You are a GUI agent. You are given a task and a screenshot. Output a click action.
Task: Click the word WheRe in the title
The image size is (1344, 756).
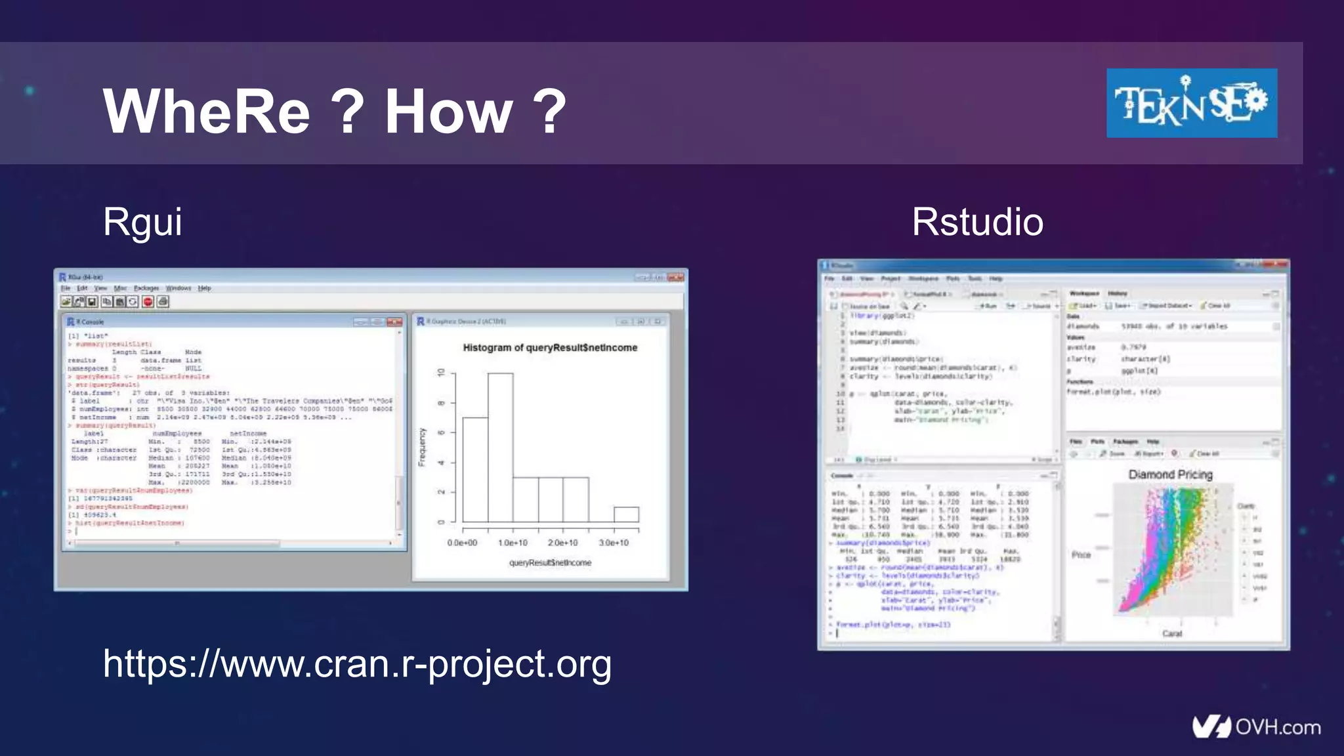point(206,112)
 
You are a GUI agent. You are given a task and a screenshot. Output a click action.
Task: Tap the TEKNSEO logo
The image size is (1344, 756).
point(1191,103)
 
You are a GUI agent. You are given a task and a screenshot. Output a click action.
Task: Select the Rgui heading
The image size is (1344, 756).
point(142,222)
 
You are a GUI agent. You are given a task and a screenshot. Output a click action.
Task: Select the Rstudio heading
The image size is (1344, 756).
point(977,222)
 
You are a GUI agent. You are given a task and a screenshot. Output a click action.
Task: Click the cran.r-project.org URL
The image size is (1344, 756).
point(357,663)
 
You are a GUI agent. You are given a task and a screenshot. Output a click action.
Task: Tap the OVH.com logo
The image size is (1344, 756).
point(1256,726)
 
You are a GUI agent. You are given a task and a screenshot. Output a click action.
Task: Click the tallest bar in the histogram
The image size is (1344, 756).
point(501,446)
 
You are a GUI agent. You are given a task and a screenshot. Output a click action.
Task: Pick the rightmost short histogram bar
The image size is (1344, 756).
point(626,514)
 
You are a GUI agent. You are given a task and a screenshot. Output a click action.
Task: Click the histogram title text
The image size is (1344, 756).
point(550,348)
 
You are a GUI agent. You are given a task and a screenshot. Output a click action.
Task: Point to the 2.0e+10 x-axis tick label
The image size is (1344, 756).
point(562,543)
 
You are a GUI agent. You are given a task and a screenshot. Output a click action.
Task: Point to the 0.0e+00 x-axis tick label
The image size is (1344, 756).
point(462,543)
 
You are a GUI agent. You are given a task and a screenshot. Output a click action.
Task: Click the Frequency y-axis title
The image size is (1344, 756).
point(422,447)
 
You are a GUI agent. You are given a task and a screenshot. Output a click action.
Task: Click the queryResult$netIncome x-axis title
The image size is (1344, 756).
point(550,562)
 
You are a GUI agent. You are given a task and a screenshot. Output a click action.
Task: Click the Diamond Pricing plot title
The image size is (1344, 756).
point(1170,474)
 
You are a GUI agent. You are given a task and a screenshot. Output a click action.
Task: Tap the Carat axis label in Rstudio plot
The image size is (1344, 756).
point(1171,633)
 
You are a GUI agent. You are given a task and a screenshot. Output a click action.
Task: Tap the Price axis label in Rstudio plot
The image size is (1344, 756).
point(1081,555)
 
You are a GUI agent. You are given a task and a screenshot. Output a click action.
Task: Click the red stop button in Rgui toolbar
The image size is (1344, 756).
point(148,301)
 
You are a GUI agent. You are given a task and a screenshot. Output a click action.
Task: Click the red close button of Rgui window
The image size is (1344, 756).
point(675,277)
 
